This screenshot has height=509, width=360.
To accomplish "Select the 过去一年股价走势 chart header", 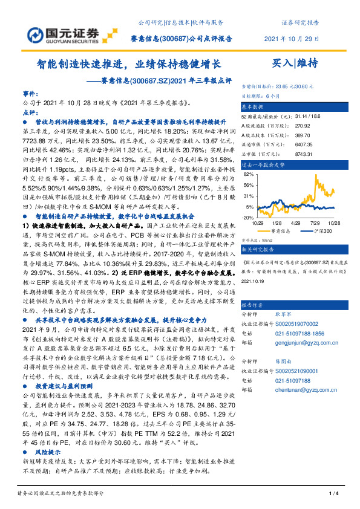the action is [264, 164].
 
